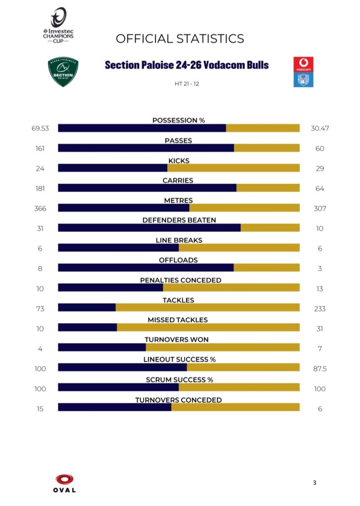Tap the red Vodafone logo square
click(x=303, y=65)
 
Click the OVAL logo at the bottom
click(x=65, y=483)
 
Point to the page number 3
click(x=314, y=483)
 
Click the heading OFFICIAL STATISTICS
click(x=180, y=39)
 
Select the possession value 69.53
click(x=40, y=128)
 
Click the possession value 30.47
click(x=320, y=128)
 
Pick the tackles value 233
click(x=320, y=309)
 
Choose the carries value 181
click(x=40, y=189)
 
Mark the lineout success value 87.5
click(x=320, y=369)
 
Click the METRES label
click(x=178, y=200)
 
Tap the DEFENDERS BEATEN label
click(x=179, y=220)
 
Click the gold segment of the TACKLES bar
click(x=207, y=307)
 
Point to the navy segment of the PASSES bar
click(x=146, y=148)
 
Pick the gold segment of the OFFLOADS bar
click(x=266, y=268)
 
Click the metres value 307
click(x=320, y=209)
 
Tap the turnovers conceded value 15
click(x=40, y=409)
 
